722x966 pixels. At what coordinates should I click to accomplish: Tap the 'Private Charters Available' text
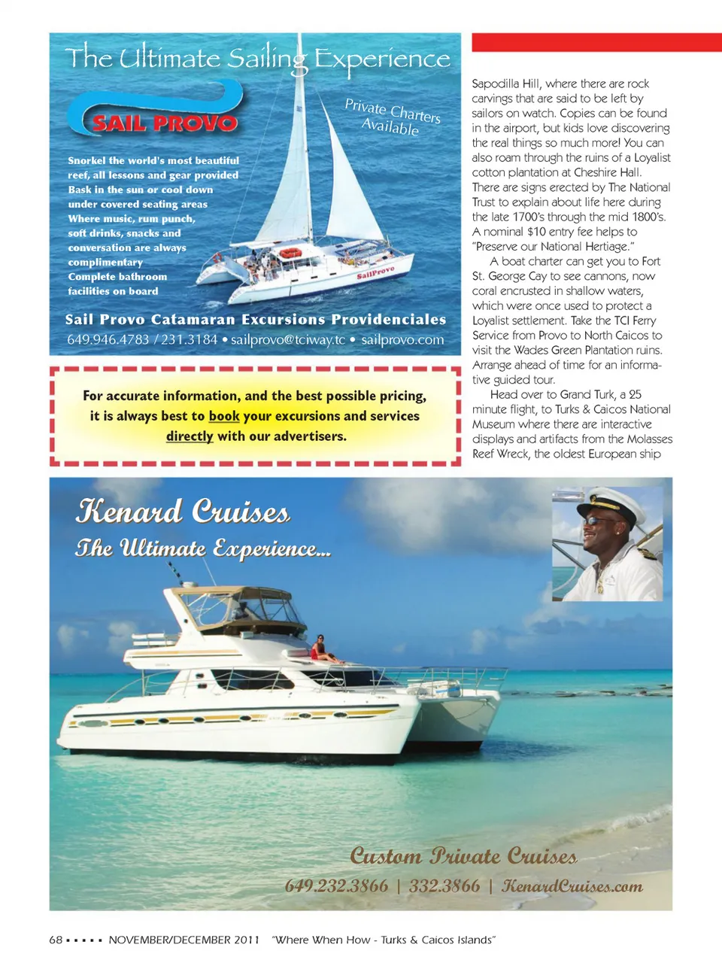point(392,117)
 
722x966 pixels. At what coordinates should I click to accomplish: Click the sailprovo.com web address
point(402,340)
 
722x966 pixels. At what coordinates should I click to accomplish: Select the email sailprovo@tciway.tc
point(288,340)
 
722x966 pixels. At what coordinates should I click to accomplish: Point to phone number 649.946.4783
point(108,340)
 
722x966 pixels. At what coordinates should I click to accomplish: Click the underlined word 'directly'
point(190,436)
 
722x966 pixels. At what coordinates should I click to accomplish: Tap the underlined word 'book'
point(224,416)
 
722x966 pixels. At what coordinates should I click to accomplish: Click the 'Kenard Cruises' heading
point(183,512)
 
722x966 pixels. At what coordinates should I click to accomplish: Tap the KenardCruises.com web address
point(572,886)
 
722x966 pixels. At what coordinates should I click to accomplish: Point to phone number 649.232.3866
point(336,886)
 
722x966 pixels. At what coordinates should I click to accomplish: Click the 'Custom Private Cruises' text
point(463,856)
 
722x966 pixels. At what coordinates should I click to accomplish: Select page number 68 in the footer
point(56,940)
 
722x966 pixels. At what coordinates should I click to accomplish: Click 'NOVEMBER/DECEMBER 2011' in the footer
point(184,940)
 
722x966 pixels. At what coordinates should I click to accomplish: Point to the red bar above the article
point(596,42)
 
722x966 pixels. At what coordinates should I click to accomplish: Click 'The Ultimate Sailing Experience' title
point(257,59)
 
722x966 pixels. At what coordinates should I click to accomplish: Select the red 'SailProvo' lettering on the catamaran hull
point(375,272)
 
